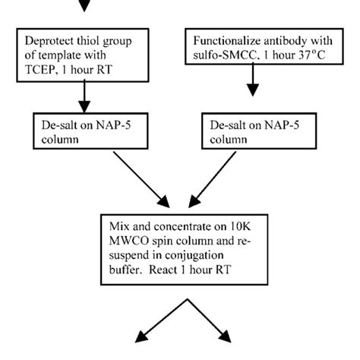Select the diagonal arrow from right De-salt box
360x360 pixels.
(223, 178)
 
